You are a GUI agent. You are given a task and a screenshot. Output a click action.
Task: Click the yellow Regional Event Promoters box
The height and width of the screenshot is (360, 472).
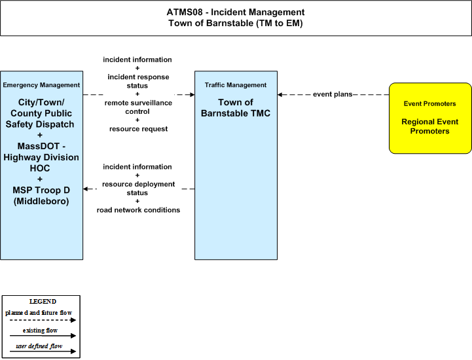point(430,118)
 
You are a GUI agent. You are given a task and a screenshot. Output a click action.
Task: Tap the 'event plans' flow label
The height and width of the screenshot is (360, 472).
point(333,94)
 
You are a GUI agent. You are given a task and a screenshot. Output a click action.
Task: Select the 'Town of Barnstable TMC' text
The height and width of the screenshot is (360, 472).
point(236,108)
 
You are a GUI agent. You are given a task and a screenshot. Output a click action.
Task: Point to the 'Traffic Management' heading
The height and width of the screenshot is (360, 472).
point(236,85)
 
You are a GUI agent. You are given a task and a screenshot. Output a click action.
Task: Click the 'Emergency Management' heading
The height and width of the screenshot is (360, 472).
point(41,85)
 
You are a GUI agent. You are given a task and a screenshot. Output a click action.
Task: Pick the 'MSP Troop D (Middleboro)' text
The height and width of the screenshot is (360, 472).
point(41,196)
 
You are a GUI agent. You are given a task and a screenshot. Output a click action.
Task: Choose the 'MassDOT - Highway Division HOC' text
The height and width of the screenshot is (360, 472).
point(41,157)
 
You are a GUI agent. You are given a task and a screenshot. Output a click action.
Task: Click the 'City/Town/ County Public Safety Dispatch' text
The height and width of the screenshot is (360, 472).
point(40,113)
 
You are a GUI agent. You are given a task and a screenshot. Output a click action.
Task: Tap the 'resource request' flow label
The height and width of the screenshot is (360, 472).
point(139,129)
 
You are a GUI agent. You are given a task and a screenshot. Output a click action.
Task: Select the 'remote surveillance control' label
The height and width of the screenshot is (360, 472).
point(138,107)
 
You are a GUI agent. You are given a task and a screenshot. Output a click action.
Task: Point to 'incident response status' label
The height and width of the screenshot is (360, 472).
point(138,81)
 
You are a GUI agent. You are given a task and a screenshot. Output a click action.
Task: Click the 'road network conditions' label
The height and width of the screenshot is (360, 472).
point(138,210)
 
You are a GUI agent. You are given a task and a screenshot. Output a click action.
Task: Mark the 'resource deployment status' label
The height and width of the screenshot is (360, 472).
point(138,189)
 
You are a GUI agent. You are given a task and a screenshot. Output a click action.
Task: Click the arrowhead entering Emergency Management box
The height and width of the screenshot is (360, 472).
point(86,189)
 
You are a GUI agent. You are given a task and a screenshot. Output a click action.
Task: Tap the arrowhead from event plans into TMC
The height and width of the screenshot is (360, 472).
point(280,94)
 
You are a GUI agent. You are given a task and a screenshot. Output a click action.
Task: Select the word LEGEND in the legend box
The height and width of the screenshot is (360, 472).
point(43,302)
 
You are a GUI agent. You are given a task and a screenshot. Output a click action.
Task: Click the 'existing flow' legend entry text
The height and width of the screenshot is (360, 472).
point(40,331)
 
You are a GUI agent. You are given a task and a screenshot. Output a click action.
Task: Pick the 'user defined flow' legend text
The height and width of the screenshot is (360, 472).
point(39,346)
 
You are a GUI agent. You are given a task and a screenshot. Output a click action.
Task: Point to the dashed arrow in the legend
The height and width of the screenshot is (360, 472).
point(43,320)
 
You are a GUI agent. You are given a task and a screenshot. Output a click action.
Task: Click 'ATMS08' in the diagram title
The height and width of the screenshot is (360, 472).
point(185,12)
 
